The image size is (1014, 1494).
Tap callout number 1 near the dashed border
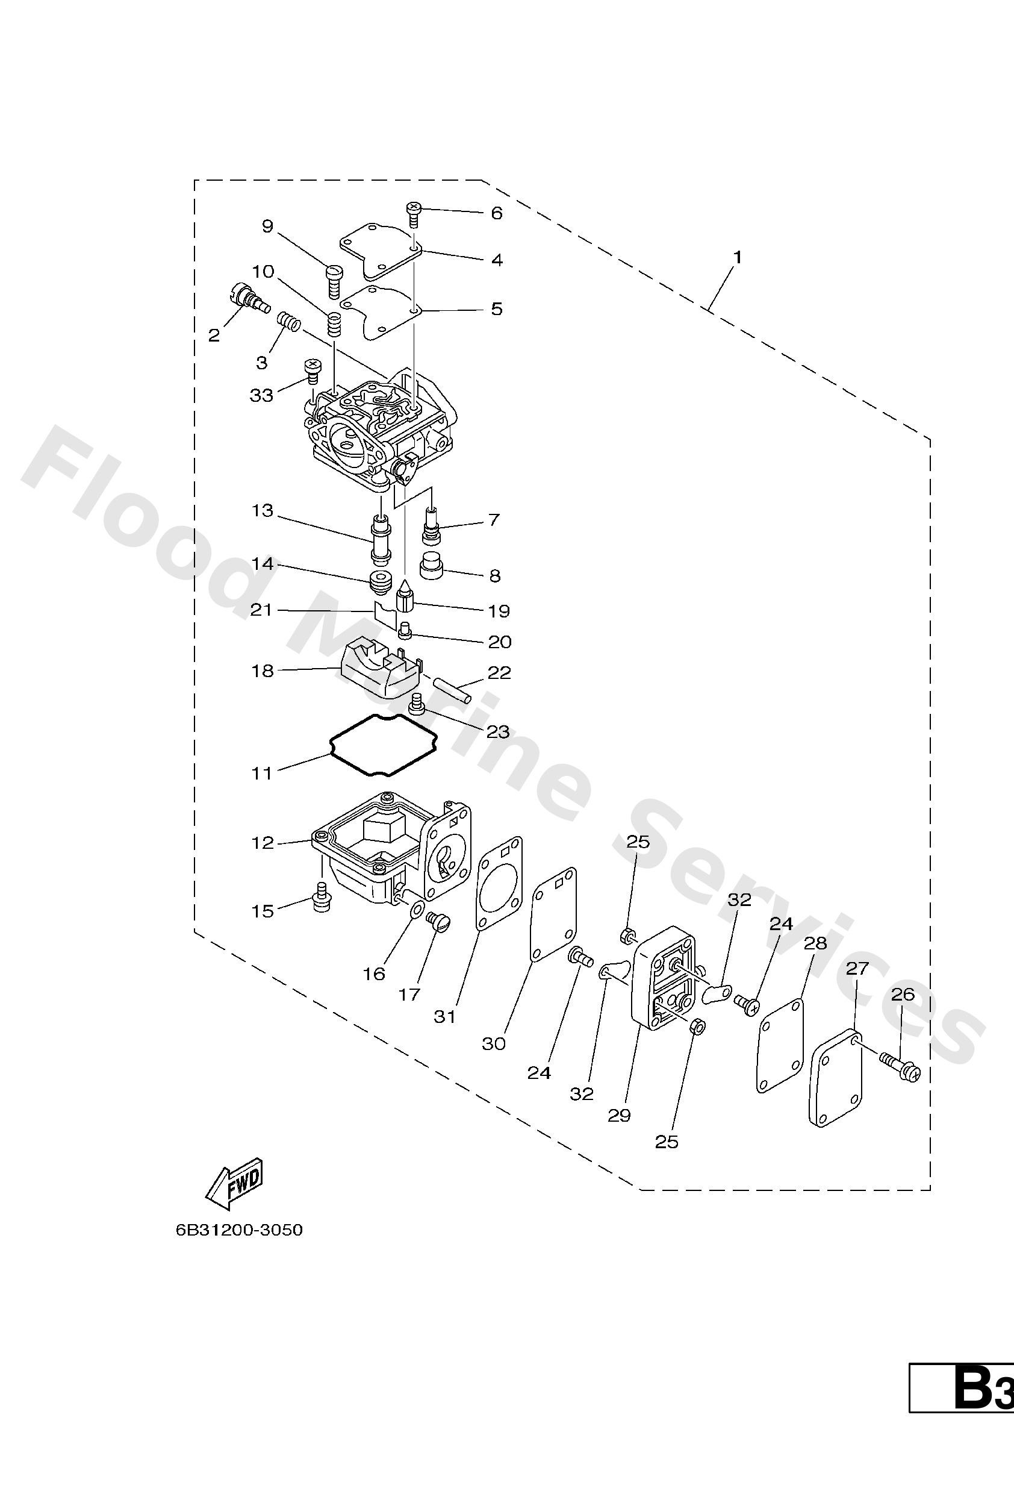738,257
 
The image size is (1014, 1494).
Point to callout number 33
261,395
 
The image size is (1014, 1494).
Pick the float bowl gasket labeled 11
384,745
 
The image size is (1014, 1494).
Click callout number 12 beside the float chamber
262,843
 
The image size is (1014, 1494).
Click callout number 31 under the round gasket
444,1017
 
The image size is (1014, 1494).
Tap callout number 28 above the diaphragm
815,944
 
